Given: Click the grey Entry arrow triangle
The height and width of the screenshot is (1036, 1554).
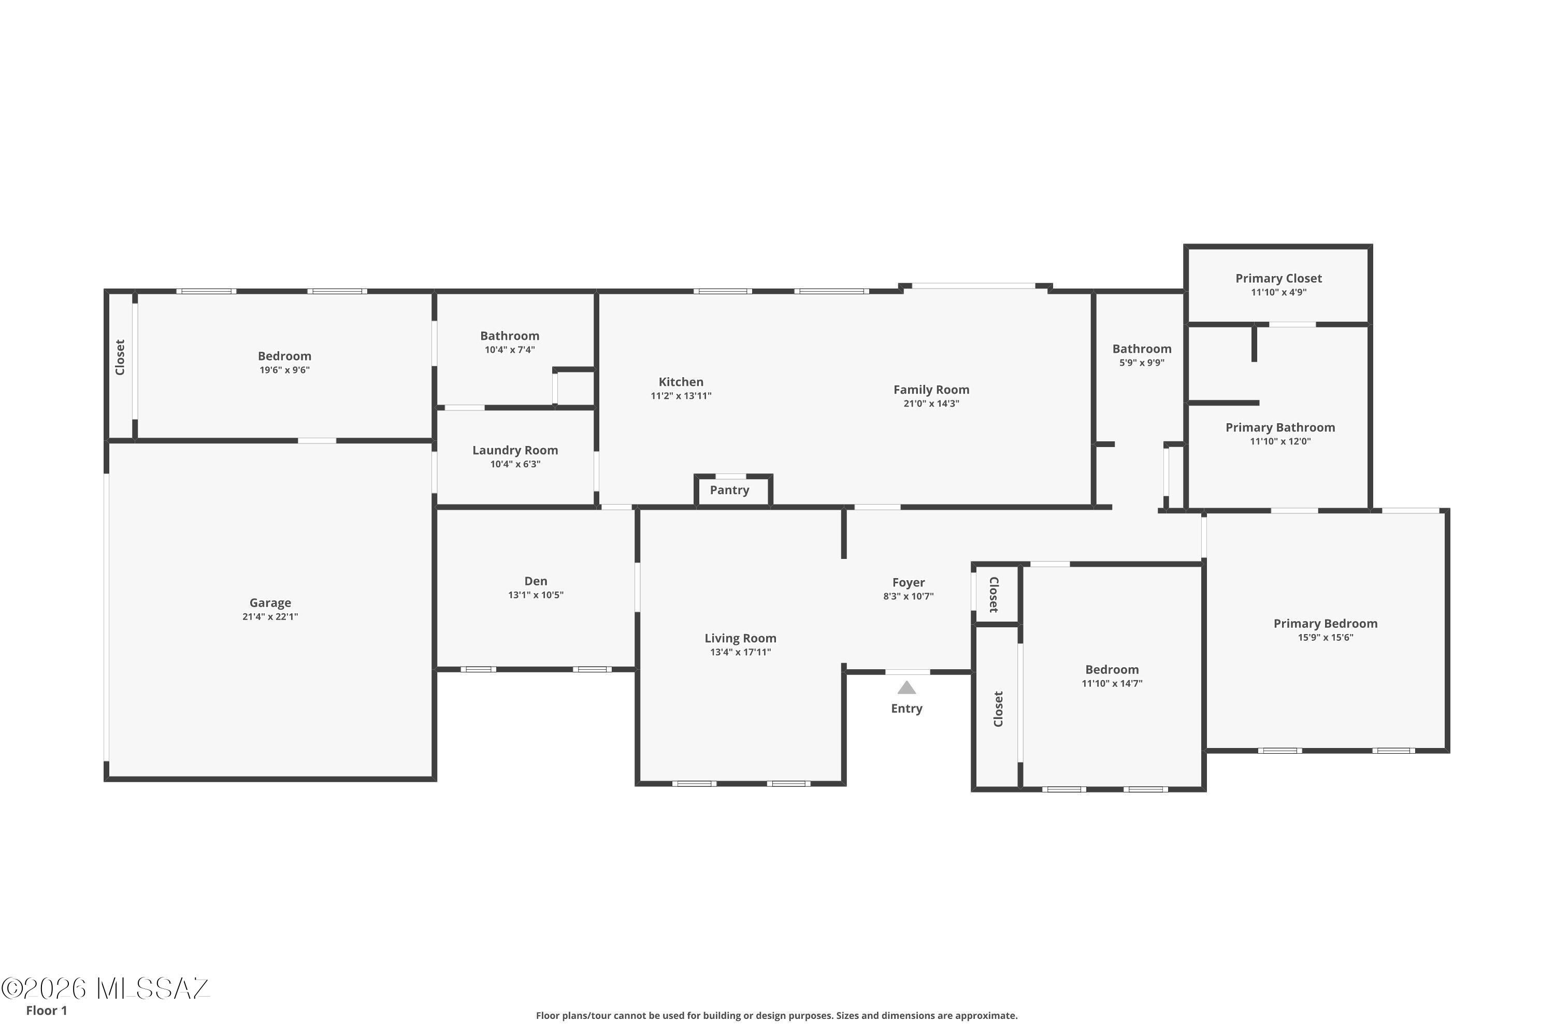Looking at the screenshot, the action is (906, 688).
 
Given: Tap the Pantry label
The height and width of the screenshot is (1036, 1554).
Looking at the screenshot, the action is (729, 490).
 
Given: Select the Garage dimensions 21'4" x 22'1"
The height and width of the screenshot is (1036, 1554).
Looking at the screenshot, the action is (270, 617).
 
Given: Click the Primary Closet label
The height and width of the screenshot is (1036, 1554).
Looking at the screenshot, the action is (1278, 279).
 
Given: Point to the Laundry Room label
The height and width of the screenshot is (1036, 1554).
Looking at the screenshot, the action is (515, 451).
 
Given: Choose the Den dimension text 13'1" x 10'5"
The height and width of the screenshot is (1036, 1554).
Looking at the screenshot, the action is (536, 595).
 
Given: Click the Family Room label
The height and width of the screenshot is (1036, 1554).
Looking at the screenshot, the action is (931, 390).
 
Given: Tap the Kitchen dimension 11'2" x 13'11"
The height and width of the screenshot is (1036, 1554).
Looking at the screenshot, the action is (681, 396).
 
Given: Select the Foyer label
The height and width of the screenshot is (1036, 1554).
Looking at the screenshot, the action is (909, 583).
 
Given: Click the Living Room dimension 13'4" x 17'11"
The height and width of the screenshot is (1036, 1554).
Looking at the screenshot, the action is (741, 652).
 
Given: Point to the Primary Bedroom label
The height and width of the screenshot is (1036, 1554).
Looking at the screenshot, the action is (1326, 624).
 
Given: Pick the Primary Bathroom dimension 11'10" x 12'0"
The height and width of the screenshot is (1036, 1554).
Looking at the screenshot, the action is (1280, 441).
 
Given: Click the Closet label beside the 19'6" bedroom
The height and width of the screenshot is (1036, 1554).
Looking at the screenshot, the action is (120, 357).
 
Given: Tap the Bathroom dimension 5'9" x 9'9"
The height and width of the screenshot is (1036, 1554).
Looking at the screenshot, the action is (1142, 363).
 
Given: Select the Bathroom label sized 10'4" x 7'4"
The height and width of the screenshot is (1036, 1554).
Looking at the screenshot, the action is (509, 336).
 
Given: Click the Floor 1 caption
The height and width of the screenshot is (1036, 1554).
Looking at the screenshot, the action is (46, 1010).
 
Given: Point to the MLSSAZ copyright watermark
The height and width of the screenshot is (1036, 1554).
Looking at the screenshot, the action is (105, 988).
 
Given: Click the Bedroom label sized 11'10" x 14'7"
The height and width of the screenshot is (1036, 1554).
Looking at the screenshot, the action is (1112, 670).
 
